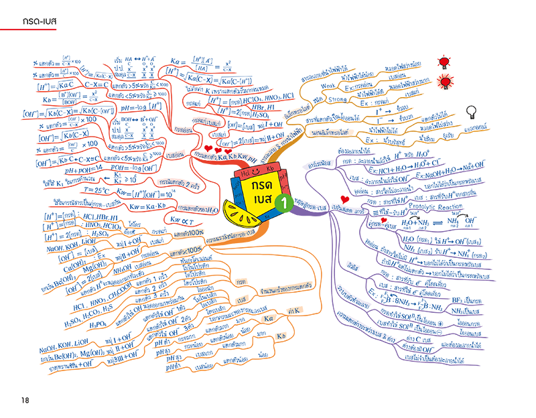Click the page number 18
pos(25,400)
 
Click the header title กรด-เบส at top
pos(40,21)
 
